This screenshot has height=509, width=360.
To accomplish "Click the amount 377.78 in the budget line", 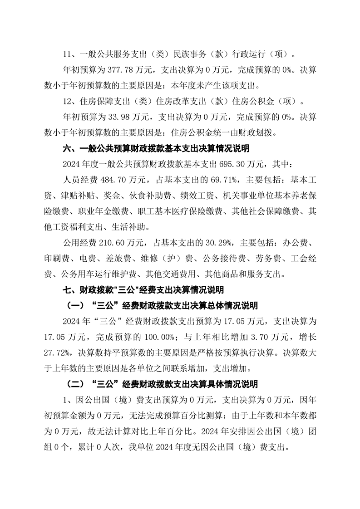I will (120, 70).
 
